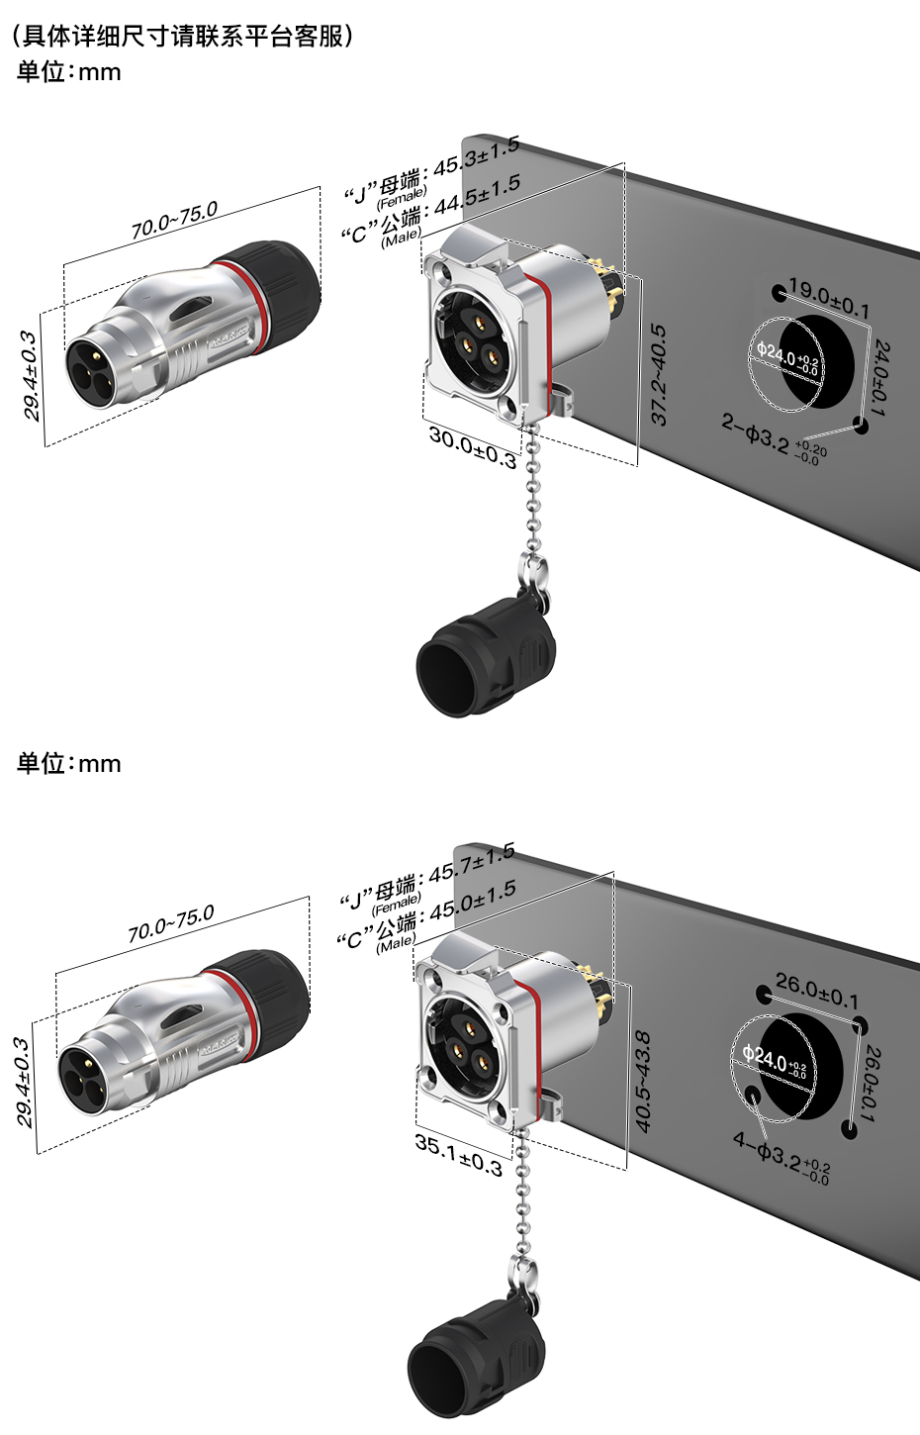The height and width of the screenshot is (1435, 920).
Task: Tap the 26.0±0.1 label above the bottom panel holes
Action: tap(817, 990)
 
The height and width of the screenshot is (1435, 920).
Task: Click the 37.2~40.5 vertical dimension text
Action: tap(659, 375)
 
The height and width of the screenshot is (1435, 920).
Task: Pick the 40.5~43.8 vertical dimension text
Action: tap(642, 1081)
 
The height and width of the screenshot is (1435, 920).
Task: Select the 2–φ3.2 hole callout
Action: tap(773, 436)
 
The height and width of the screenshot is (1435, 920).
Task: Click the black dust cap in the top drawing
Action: tap(485, 658)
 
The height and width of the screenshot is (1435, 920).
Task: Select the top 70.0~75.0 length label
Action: tap(173, 222)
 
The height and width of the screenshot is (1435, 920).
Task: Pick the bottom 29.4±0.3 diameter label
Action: tap(24, 1082)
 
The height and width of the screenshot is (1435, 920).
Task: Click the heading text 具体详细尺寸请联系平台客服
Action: tap(183, 37)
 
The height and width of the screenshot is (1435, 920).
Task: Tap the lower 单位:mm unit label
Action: tap(68, 763)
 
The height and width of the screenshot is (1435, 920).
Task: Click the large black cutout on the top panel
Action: tap(826, 361)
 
